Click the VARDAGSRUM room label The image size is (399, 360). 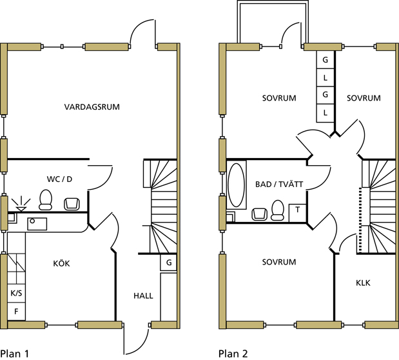tap(92, 106)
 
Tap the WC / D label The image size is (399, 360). tap(59, 178)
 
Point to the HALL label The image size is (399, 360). tap(143, 295)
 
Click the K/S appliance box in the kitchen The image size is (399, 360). tap(16, 294)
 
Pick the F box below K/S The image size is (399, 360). tap(16, 312)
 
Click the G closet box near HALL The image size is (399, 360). tap(168, 263)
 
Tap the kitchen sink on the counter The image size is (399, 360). tap(36, 223)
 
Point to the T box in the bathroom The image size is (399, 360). tap(298, 210)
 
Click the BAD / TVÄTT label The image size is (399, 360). tap(279, 185)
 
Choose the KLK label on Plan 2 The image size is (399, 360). tap(364, 283)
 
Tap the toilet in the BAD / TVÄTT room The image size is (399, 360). tap(278, 209)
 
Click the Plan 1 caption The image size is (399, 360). tap(15, 353)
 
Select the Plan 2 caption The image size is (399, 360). tap(233, 353)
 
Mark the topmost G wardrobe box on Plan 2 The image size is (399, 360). tap(325, 60)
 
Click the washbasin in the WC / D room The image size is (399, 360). tap(72, 204)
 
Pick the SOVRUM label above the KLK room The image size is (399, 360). tap(279, 262)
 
